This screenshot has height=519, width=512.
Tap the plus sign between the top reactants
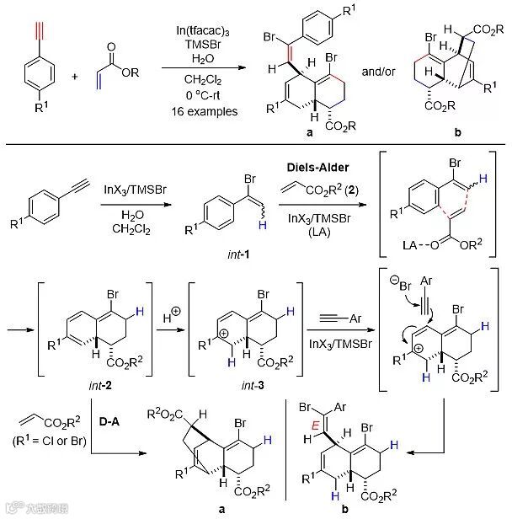(x=74, y=78)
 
